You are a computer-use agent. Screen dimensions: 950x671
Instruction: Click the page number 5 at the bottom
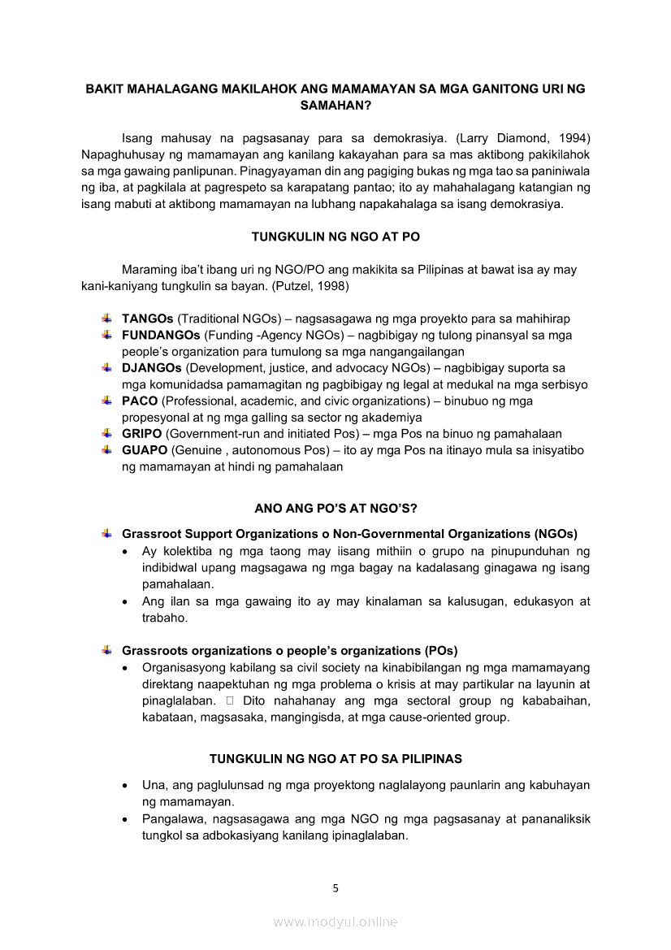point(335,887)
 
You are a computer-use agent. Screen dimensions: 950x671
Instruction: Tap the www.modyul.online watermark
point(335,922)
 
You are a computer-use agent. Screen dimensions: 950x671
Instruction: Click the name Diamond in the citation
point(520,137)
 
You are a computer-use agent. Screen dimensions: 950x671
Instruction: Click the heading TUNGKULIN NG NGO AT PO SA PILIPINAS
point(335,758)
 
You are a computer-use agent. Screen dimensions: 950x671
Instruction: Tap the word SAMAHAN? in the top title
point(335,106)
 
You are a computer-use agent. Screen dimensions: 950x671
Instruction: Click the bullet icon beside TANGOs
point(106,319)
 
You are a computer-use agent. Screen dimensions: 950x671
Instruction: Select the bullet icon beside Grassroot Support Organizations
point(106,534)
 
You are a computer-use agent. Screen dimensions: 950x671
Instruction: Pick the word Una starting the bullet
point(154,786)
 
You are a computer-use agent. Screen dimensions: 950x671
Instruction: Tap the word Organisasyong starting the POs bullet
point(184,668)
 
